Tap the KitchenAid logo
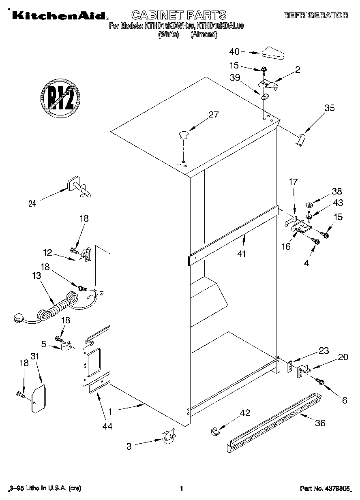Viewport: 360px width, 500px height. pyautogui.click(x=59, y=15)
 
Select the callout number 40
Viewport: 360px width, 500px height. pyautogui.click(x=234, y=51)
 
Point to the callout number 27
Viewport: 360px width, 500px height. pyautogui.click(x=213, y=115)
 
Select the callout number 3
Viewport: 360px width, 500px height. pyautogui.click(x=129, y=447)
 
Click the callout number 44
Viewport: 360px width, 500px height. pyautogui.click(x=107, y=426)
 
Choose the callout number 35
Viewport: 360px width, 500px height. pyautogui.click(x=330, y=108)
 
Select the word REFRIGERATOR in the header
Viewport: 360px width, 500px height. pyautogui.click(x=315, y=15)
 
